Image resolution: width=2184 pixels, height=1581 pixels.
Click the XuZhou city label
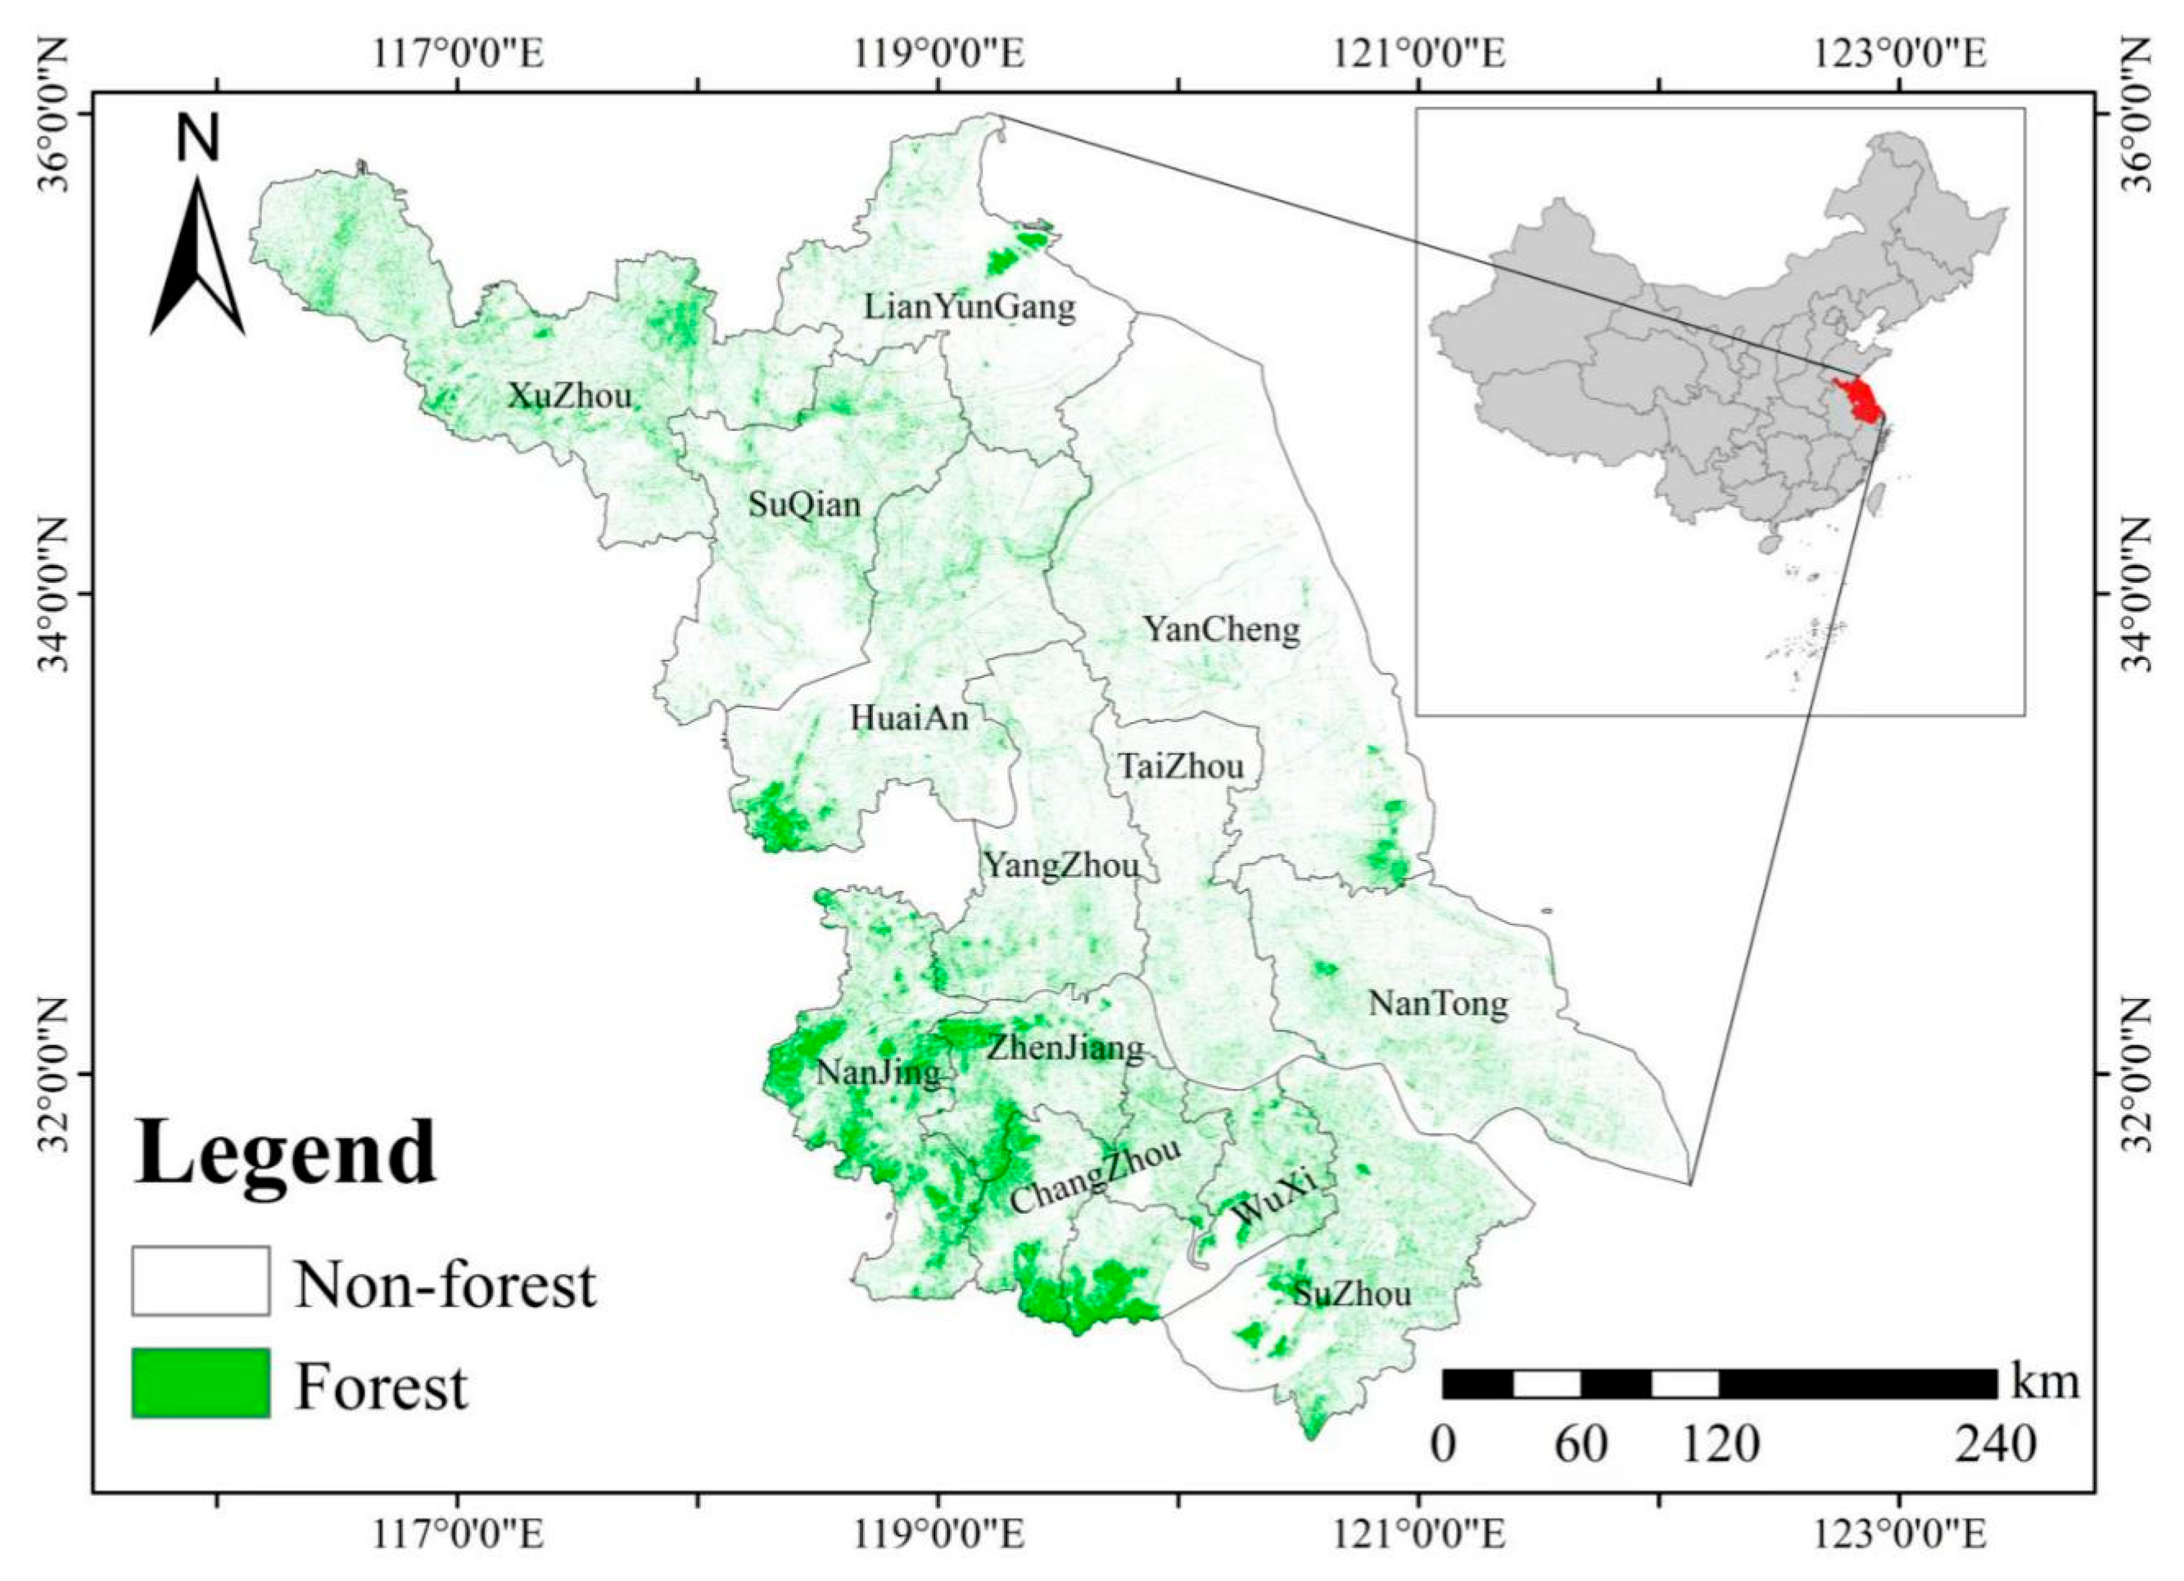pyautogui.click(x=569, y=395)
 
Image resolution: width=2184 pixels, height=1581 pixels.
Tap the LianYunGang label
pyautogui.click(x=969, y=307)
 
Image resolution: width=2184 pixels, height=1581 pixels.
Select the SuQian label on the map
pyautogui.click(x=804, y=504)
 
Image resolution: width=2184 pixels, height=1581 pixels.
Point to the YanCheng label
pyautogui.click(x=1221, y=630)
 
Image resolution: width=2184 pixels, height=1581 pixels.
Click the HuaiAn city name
pyautogui.click(x=908, y=718)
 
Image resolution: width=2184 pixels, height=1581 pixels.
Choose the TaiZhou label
pyautogui.click(x=1181, y=767)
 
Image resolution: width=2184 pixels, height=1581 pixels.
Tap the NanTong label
pyautogui.click(x=1438, y=1005)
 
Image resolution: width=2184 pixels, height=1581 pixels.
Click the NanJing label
pyautogui.click(x=878, y=1073)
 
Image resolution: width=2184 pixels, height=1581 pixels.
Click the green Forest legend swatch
pyautogui.click(x=201, y=1384)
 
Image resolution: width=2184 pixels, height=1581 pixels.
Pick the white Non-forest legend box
pyautogui.click(x=201, y=1281)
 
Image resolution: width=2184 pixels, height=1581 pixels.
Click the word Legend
pyautogui.click(x=285, y=1154)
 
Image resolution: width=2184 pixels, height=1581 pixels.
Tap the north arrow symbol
pyautogui.click(x=197, y=255)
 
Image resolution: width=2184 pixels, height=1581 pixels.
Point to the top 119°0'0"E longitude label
pyautogui.click(x=938, y=54)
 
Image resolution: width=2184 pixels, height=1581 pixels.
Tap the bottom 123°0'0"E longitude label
pyautogui.click(x=1900, y=1535)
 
